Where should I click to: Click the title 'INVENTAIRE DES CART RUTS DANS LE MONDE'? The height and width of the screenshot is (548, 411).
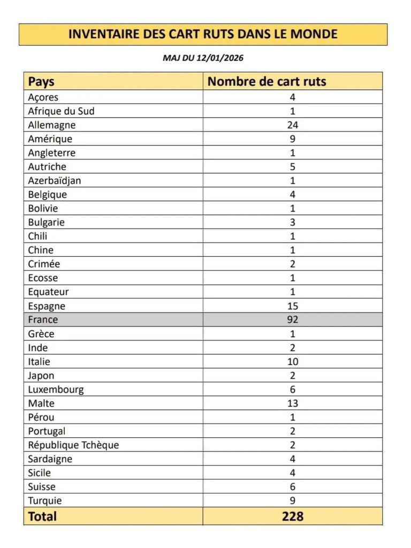coord(203,34)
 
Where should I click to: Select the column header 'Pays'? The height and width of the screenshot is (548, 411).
coord(41,81)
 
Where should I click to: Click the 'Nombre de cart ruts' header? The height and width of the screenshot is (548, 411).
coord(267,81)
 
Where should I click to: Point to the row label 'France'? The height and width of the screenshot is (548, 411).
coord(43,319)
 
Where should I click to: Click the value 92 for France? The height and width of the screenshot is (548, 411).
coord(292,319)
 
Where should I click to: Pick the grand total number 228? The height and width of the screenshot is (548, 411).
coord(292,516)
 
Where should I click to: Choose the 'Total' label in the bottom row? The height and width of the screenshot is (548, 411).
coord(42,516)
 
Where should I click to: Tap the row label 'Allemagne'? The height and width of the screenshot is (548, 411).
coord(52,125)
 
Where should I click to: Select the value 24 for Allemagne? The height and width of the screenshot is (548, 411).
coord(292,125)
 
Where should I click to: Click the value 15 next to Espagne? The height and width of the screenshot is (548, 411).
coord(292,306)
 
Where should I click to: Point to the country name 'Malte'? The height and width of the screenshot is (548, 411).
coord(41,403)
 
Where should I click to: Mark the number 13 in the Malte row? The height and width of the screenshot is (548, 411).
coord(292,403)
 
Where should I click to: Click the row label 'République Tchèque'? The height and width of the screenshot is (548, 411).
coord(73,445)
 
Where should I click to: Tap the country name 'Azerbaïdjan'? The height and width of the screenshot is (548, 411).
coord(55,180)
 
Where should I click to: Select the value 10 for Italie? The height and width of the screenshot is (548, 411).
coord(292,361)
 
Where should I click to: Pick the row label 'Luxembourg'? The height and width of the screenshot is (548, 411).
coord(56,389)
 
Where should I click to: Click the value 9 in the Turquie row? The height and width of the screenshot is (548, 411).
coord(292,500)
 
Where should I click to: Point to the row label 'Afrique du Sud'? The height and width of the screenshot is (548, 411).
coord(61,111)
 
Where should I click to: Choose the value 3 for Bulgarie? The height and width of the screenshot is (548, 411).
coord(292,222)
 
